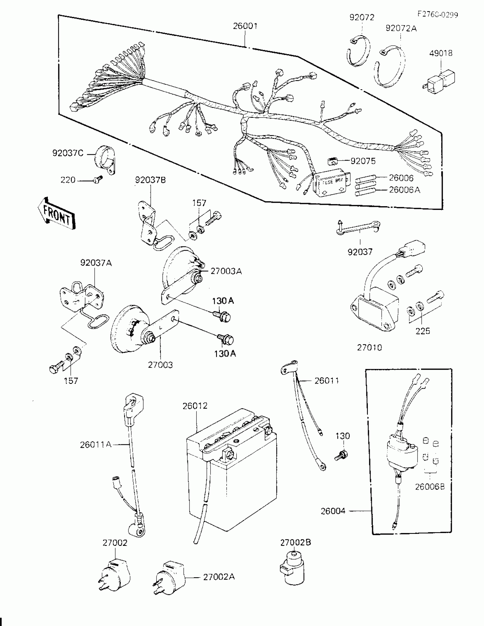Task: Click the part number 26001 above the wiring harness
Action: [x=245, y=26]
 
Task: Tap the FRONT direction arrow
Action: [x=56, y=214]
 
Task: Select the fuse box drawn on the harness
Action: [x=332, y=184]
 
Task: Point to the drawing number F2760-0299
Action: [x=437, y=15]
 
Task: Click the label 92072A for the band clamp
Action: [x=401, y=28]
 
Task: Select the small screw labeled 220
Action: [x=98, y=180]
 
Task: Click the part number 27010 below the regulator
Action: [x=369, y=347]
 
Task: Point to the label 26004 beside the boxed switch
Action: [x=333, y=511]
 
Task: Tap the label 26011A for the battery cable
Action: [x=95, y=445]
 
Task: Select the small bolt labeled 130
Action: [x=341, y=455]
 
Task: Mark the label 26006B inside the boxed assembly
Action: [x=430, y=487]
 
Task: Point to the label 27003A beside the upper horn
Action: [x=226, y=271]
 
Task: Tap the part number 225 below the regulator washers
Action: [x=423, y=331]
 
